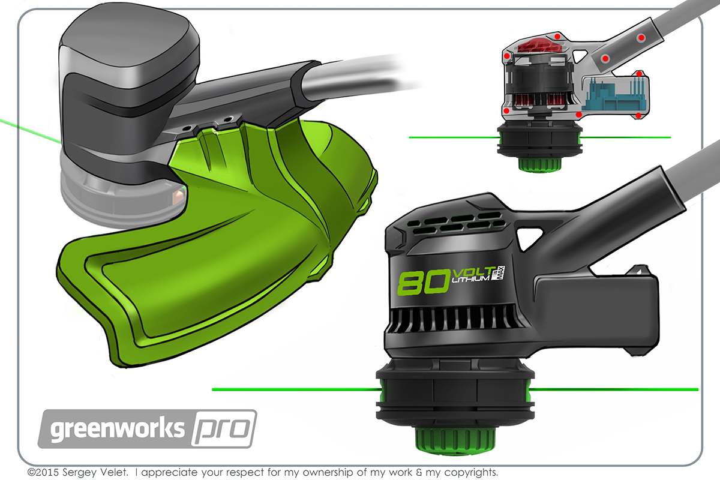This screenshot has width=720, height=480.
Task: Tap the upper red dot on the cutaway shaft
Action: tap(641, 38)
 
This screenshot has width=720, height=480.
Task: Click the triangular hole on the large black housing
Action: tap(529, 236)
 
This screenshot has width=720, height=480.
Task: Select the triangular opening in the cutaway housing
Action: tap(580, 56)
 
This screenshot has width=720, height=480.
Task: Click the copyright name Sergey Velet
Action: tap(86, 471)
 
